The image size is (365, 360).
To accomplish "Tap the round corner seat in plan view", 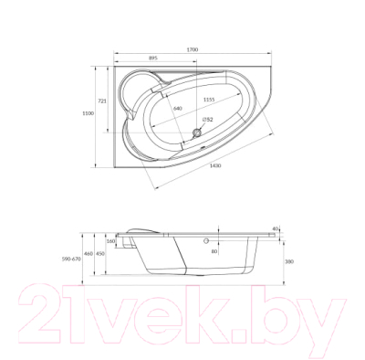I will (x=144, y=88).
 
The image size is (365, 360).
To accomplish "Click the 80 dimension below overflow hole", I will (x=215, y=251).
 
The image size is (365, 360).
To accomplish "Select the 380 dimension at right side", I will (x=287, y=261).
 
